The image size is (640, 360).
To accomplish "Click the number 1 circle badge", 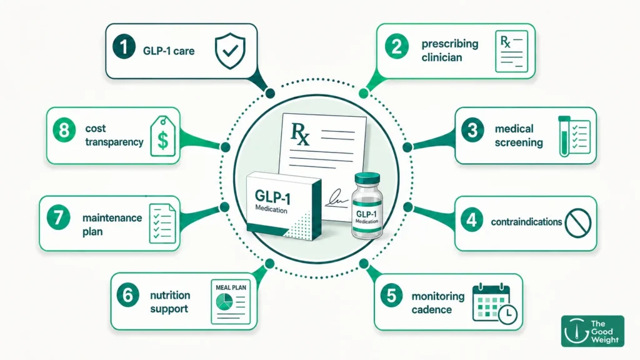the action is point(124,46).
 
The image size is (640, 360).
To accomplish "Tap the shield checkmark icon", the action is point(230,51).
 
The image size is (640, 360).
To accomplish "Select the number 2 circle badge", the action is point(396,46).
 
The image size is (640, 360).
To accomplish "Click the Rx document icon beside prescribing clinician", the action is point(511,51).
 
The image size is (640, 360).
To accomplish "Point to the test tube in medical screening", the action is point(564,136).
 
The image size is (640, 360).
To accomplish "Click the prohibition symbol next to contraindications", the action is point(578,223).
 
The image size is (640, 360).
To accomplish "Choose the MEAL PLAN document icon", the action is point(231,302).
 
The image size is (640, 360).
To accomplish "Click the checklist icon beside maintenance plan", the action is point(162,223).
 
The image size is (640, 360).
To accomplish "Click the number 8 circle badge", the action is point(64,131).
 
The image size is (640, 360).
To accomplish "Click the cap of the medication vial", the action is point(367,179).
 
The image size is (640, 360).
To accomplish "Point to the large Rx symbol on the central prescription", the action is point(300,133).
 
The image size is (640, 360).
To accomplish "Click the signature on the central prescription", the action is point(336,198).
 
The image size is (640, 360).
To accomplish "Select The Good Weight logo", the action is point(592,331).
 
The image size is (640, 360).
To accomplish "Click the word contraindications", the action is point(526,222).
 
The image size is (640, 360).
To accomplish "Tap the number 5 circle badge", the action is point(391,296).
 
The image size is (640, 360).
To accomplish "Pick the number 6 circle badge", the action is point(127,295).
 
